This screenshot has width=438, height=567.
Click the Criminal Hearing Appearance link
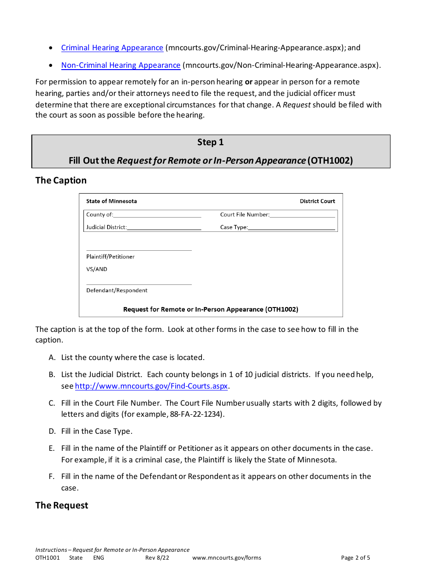112,48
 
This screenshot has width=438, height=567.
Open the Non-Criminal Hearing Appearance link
121,65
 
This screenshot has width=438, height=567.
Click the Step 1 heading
210,142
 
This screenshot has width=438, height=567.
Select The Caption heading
61,180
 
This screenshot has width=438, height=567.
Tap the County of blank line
157,215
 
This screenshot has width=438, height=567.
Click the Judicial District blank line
164,228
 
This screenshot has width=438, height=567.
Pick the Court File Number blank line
302,215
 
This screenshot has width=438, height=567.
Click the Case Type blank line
291,228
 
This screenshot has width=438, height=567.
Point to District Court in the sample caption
317,201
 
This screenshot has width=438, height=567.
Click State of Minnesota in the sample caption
112,201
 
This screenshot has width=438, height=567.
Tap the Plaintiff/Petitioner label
110,257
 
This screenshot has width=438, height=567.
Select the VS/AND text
96,269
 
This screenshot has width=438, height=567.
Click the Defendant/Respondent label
117,290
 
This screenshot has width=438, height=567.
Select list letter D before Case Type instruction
52,431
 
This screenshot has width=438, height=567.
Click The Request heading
62,505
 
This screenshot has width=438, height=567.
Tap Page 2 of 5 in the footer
355,558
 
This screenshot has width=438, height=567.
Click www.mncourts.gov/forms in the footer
227,558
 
